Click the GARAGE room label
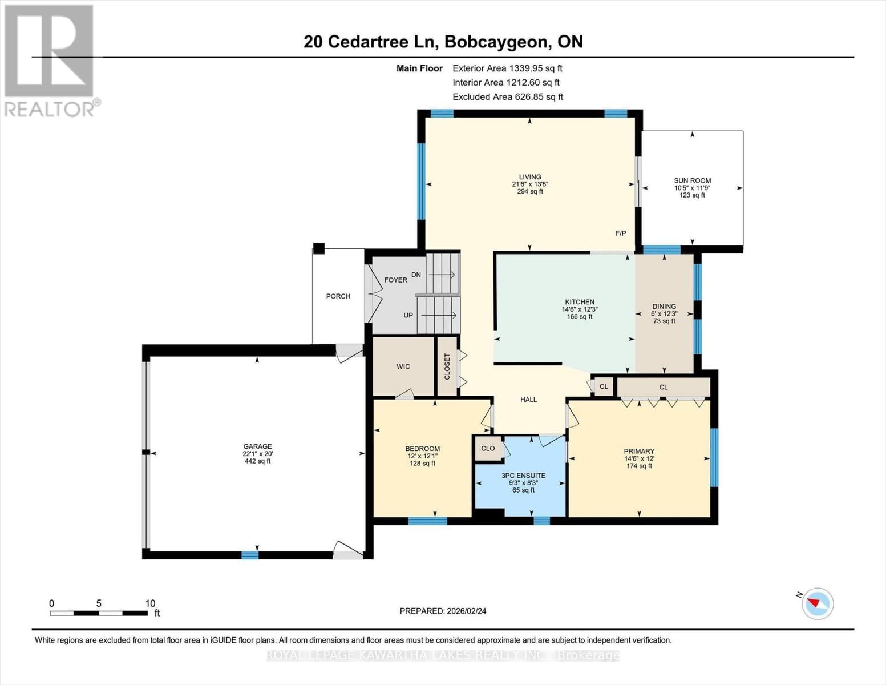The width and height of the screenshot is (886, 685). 257,446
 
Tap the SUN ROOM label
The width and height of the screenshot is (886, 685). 692,180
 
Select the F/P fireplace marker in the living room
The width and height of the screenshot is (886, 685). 621,233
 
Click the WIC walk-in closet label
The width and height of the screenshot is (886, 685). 403,366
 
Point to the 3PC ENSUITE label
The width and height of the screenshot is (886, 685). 523,476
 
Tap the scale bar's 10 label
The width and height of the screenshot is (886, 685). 150,603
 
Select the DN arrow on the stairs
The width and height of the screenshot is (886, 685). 442,275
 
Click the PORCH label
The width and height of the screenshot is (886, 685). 338,296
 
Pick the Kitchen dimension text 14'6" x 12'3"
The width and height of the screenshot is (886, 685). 580,309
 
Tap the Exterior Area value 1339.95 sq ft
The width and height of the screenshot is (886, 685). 535,68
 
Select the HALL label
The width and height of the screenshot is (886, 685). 528,400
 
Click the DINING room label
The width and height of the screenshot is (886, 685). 664,307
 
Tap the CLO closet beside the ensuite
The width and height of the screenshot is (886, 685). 488,448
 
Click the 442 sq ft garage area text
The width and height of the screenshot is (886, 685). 257,461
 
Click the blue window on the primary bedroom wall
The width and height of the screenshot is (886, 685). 714,457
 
